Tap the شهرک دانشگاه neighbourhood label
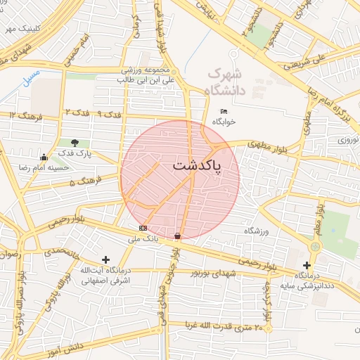(224, 82)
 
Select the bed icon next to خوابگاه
(224, 112)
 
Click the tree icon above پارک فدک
(75, 143)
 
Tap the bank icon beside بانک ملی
(143, 228)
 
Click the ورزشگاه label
(257, 231)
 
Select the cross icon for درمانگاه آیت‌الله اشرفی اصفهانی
(105, 259)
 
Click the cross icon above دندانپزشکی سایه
(307, 265)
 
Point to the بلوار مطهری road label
(266, 145)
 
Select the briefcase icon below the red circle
(177, 235)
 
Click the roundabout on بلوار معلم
(314, 246)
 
